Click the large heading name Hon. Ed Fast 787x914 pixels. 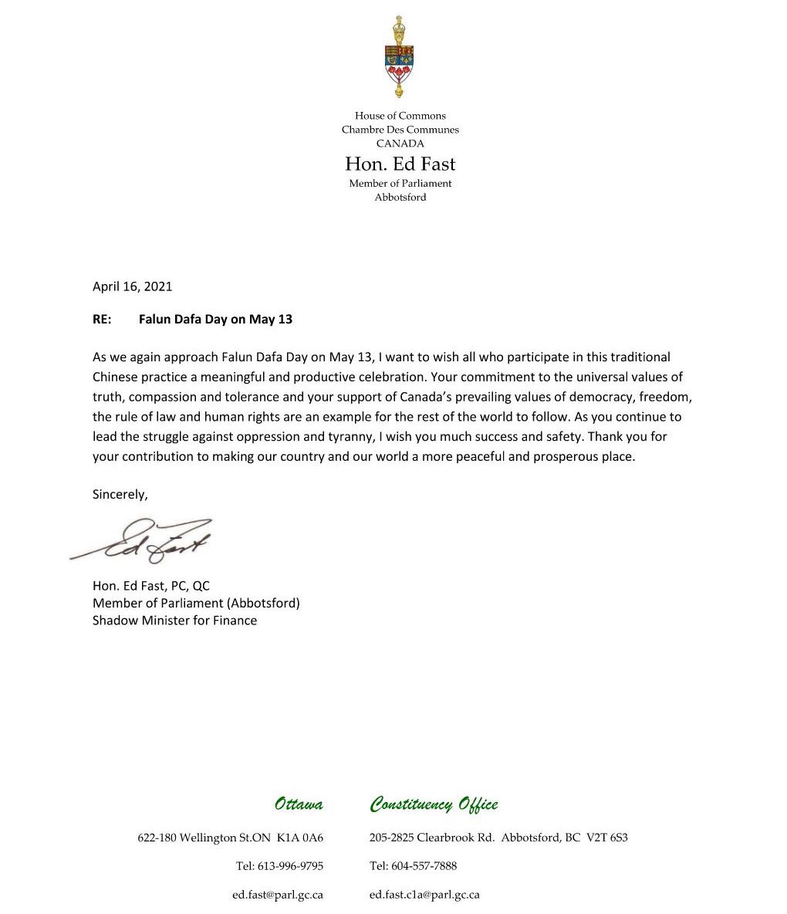[x=400, y=164]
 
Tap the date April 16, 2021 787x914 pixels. [x=132, y=286]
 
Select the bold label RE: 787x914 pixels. [x=102, y=319]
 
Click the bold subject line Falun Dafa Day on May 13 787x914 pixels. [x=215, y=319]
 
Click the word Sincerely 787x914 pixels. [x=119, y=494]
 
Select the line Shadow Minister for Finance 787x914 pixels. [x=174, y=620]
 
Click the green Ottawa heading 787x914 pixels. [x=299, y=804]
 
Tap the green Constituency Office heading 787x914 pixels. [x=434, y=804]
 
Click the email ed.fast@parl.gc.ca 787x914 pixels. [x=278, y=895]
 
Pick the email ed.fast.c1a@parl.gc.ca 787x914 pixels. [x=424, y=895]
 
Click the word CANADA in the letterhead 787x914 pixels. [x=400, y=144]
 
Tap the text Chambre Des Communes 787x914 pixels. [x=400, y=130]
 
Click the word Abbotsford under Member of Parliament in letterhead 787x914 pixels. [x=400, y=197]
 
